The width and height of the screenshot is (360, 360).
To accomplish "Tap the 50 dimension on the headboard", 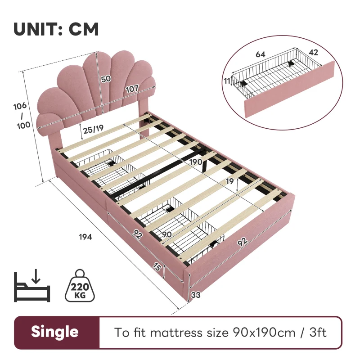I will [106, 79].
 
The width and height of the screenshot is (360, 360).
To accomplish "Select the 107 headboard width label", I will [131, 89].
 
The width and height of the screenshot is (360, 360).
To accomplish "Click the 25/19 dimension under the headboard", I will [94, 128].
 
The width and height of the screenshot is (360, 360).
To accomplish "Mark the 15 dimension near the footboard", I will [156, 267].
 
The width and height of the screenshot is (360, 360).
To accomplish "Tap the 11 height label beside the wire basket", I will [227, 81].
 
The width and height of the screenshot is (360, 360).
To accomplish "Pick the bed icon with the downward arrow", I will [32, 287].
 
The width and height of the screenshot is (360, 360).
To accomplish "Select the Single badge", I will [54, 332].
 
